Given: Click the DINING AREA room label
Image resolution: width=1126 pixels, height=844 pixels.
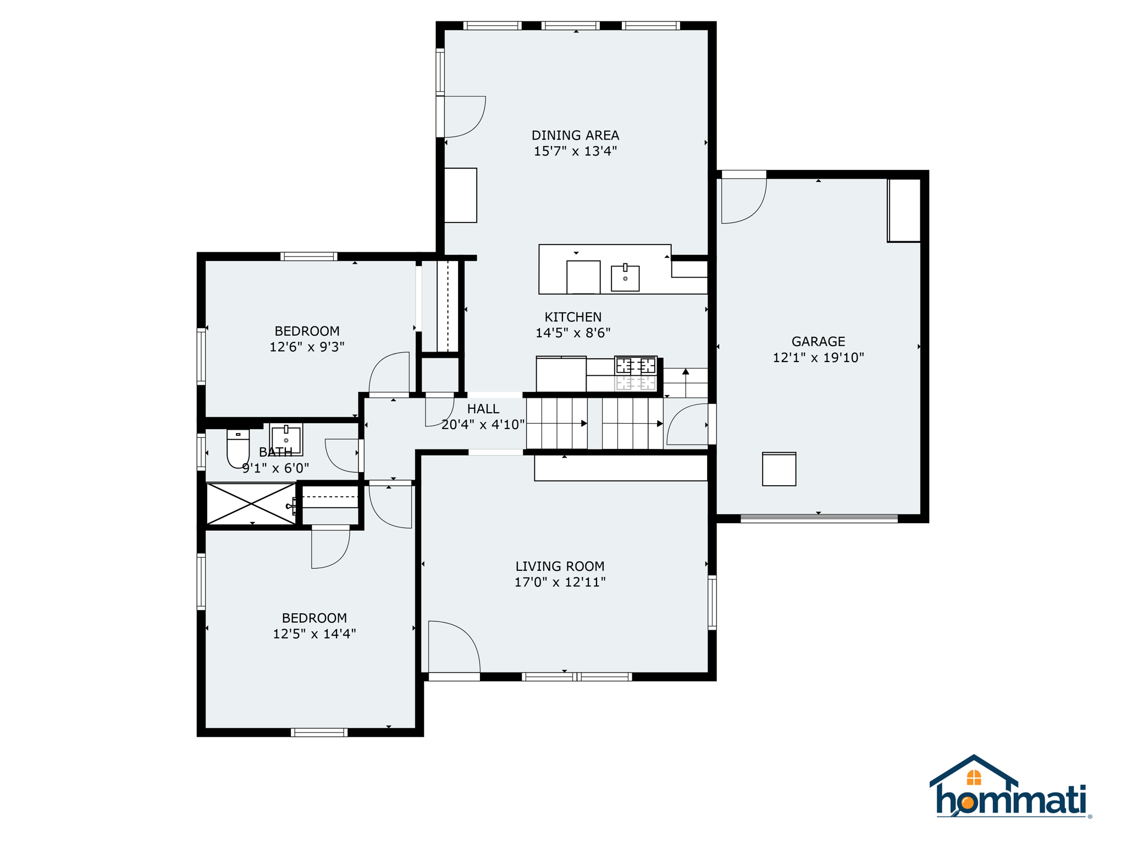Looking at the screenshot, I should pos(575,135).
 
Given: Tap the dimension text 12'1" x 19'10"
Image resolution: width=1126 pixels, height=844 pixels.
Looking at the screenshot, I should pos(818,358).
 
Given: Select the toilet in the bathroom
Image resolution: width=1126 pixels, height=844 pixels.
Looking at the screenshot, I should pos(238,448).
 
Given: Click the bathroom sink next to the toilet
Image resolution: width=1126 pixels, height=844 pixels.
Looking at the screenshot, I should pos(286,439).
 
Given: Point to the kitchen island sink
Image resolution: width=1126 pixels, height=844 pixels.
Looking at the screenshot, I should pos(625,278).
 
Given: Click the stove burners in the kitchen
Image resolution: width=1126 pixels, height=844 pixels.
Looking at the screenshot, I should pos(636,365).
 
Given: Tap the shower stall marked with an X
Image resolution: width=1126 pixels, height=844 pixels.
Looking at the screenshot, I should pos(251,503).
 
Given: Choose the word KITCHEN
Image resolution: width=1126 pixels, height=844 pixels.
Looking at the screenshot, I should pos(573,317).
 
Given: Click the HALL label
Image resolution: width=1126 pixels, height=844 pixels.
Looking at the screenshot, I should pos(483,409).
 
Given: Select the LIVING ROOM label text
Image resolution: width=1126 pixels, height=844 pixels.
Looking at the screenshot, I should pos(560,566).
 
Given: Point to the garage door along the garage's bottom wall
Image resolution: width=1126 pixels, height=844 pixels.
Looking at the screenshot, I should pos(819,518).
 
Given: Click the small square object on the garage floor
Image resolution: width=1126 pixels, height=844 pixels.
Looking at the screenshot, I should pos(779,469).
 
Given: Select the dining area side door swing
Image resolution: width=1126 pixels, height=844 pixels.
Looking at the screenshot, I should pos(463,116).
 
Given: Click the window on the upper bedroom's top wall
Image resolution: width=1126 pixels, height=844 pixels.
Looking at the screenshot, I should pos(308,256).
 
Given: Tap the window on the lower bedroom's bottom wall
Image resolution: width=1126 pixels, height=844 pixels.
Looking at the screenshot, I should pos(319,732).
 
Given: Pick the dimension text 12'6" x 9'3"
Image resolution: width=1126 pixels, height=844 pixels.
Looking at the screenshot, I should pos(307,347).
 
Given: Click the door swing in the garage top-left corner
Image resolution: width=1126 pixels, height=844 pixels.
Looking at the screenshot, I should pos(743,200).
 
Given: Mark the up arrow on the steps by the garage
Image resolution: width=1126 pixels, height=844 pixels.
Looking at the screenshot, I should pos(686,372).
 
